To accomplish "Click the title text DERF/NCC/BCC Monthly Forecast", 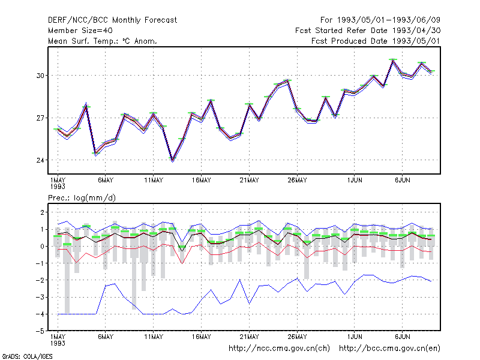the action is click(x=112, y=20).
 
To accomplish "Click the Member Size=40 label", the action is click(x=80, y=31).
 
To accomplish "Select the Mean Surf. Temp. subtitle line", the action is click(x=103, y=41).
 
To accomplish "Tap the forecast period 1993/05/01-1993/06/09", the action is click(x=380, y=20).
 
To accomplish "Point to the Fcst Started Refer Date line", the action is click(x=368, y=31).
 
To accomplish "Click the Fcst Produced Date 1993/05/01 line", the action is click(x=376, y=41).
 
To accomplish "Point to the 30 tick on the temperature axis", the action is click(x=40, y=76).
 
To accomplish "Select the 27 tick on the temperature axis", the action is click(x=40, y=118).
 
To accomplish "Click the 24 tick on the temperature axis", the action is click(x=40, y=160).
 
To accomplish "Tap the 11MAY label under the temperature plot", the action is click(x=154, y=181).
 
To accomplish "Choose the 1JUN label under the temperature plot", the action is click(x=355, y=181).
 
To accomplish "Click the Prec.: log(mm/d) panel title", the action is click(x=82, y=198).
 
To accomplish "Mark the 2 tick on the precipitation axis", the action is click(x=42, y=212).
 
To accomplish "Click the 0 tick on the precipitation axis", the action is click(x=42, y=246).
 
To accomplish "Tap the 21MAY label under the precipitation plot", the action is click(x=249, y=337).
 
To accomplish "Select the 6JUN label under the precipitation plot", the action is click(x=402, y=337).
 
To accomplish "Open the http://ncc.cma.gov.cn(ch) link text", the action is click(x=279, y=349).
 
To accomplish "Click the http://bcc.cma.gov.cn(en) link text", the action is click(x=389, y=349).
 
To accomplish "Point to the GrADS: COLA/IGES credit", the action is click(x=27, y=356).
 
